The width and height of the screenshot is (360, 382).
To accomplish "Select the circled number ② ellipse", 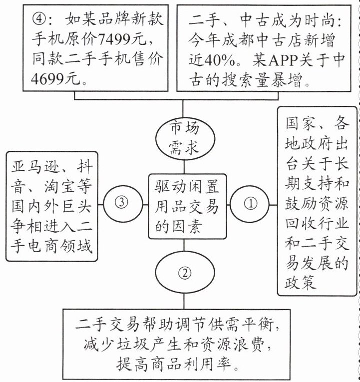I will tap(184, 273).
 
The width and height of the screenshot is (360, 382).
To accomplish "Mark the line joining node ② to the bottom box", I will tap(184, 300).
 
